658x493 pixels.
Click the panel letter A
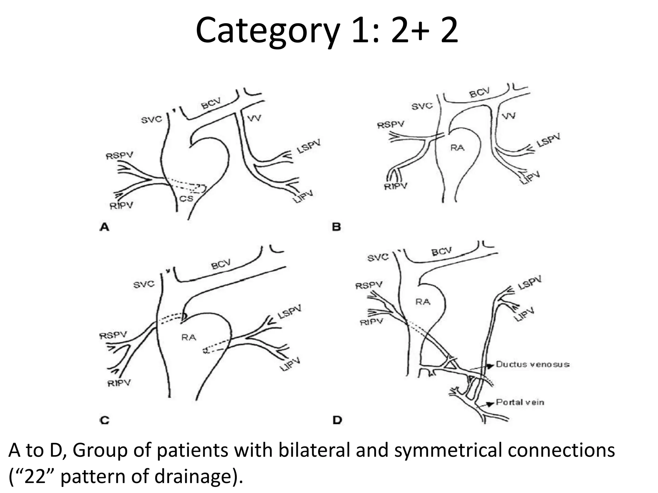click(x=104, y=227)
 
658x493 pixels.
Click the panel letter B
click(x=336, y=227)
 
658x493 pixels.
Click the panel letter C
click(x=105, y=420)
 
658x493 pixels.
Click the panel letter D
click(x=337, y=420)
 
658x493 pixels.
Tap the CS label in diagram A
click(x=186, y=199)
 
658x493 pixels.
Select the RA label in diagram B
click(x=457, y=148)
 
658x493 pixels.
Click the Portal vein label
click(x=520, y=402)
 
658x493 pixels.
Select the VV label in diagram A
click(x=254, y=118)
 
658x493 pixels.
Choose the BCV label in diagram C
click(x=221, y=265)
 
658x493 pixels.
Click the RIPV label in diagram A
click(x=121, y=205)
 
